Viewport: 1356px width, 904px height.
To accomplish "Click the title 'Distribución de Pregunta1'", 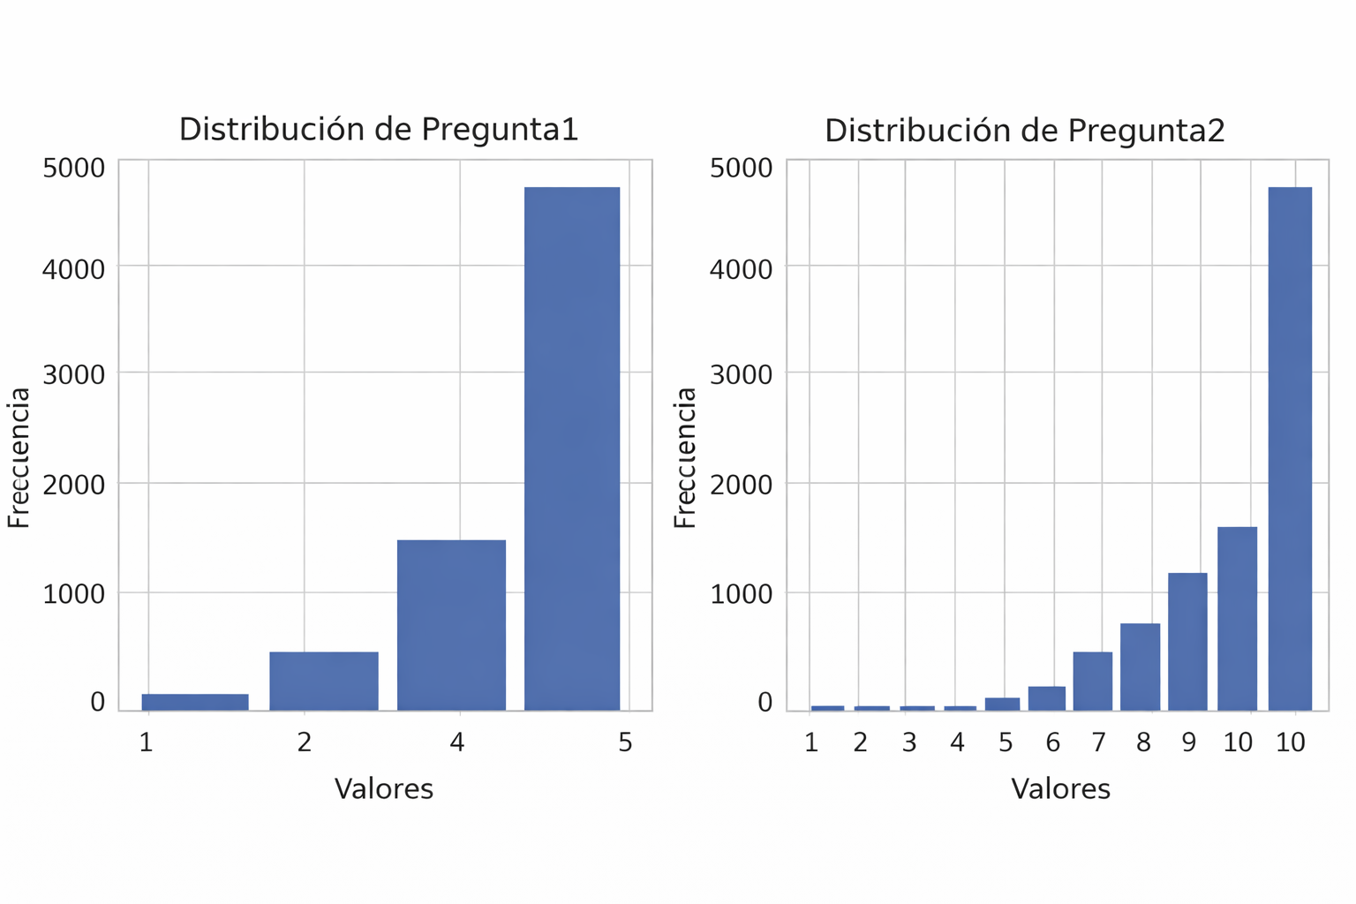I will click(379, 130).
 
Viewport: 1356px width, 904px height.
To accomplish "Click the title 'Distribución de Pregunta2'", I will click(1024, 132).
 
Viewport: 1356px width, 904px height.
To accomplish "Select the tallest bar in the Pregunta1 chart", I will click(572, 448).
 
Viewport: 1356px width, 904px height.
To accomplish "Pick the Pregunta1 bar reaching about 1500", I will click(451, 625).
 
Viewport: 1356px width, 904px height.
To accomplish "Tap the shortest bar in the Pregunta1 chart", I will click(195, 702).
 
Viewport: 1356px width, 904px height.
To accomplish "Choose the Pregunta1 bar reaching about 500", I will click(324, 681).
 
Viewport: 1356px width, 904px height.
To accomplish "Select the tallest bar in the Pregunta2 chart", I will click(1290, 448).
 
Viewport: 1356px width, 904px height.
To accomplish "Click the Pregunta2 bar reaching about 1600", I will click(1237, 618).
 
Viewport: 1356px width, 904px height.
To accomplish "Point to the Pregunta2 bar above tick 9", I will click(1187, 642).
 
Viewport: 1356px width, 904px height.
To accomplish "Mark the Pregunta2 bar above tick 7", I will click(1092, 681).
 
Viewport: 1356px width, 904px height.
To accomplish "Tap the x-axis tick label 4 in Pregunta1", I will click(456, 742).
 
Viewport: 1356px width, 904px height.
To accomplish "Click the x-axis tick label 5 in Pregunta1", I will click(625, 742).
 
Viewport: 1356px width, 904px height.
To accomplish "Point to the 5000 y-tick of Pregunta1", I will click(73, 168).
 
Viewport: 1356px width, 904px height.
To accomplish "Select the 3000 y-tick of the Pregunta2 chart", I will click(741, 374).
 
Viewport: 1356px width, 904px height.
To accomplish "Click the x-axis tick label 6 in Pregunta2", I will click(1052, 742).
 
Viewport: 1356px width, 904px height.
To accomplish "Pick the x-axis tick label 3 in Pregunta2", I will click(909, 742).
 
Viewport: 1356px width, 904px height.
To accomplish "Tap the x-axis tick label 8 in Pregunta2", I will click(1143, 742).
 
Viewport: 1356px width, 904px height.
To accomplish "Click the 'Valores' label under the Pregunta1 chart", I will click(384, 788).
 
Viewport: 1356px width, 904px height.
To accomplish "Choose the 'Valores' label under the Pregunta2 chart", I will click(1060, 788).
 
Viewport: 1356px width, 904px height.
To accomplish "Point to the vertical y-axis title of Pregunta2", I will click(685, 457).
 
